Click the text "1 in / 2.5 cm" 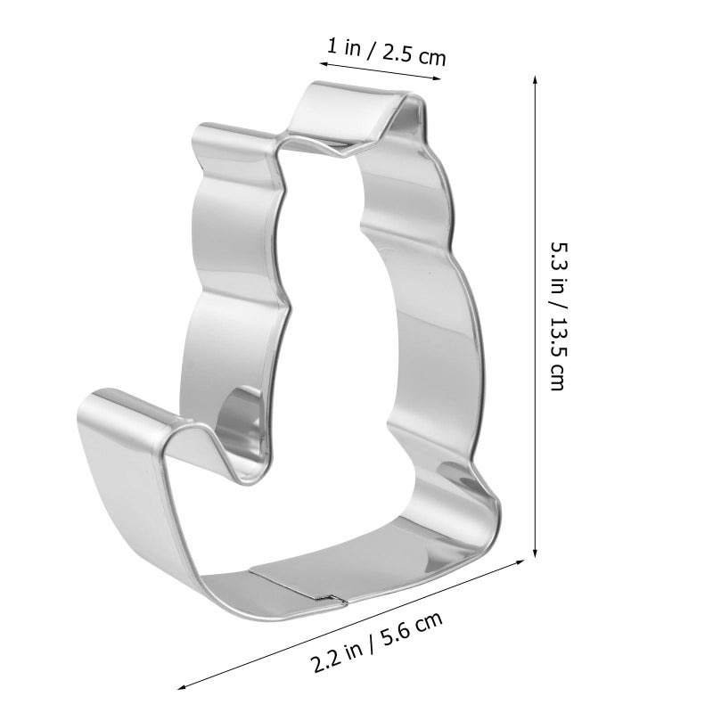tap(387, 53)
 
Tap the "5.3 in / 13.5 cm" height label tap(559, 316)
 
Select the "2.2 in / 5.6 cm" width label tap(377, 642)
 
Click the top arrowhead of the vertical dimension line tap(536, 80)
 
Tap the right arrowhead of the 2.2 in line tap(519, 562)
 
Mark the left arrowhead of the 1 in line tap(324, 64)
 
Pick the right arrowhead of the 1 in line tap(437, 78)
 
